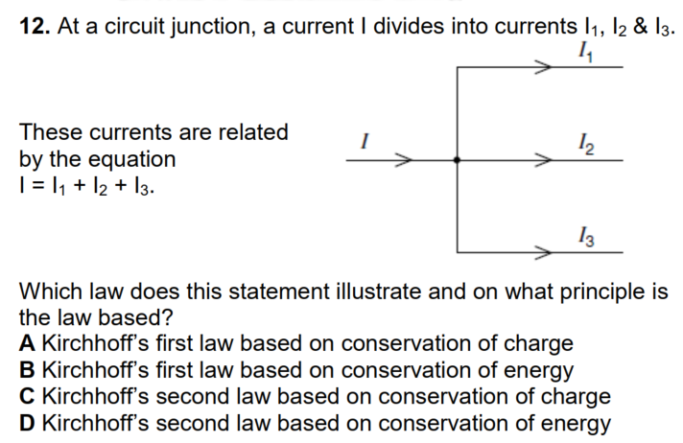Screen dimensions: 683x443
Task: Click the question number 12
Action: tap(35, 26)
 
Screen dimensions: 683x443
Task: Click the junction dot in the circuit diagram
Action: tap(457, 160)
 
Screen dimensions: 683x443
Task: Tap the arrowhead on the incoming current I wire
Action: tap(403, 160)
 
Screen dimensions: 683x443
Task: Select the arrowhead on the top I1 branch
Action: tap(543, 67)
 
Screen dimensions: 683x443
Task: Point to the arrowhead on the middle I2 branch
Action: tap(543, 160)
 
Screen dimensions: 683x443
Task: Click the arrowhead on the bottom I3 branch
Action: tap(543, 252)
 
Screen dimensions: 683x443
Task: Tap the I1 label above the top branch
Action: tap(586, 53)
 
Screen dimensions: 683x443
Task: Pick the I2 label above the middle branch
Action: tap(586, 144)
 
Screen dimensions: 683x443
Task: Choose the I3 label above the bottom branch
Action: tap(586, 237)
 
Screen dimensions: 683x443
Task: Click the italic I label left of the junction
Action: tap(365, 141)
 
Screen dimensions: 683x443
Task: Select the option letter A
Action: tap(27, 343)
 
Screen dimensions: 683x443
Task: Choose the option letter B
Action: tap(27, 370)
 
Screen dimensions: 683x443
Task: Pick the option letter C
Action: tap(27, 397)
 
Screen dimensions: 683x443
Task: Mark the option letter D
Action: tap(27, 423)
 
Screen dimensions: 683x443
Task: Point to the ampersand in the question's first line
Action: tap(641, 26)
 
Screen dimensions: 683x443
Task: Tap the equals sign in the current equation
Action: tap(38, 186)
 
